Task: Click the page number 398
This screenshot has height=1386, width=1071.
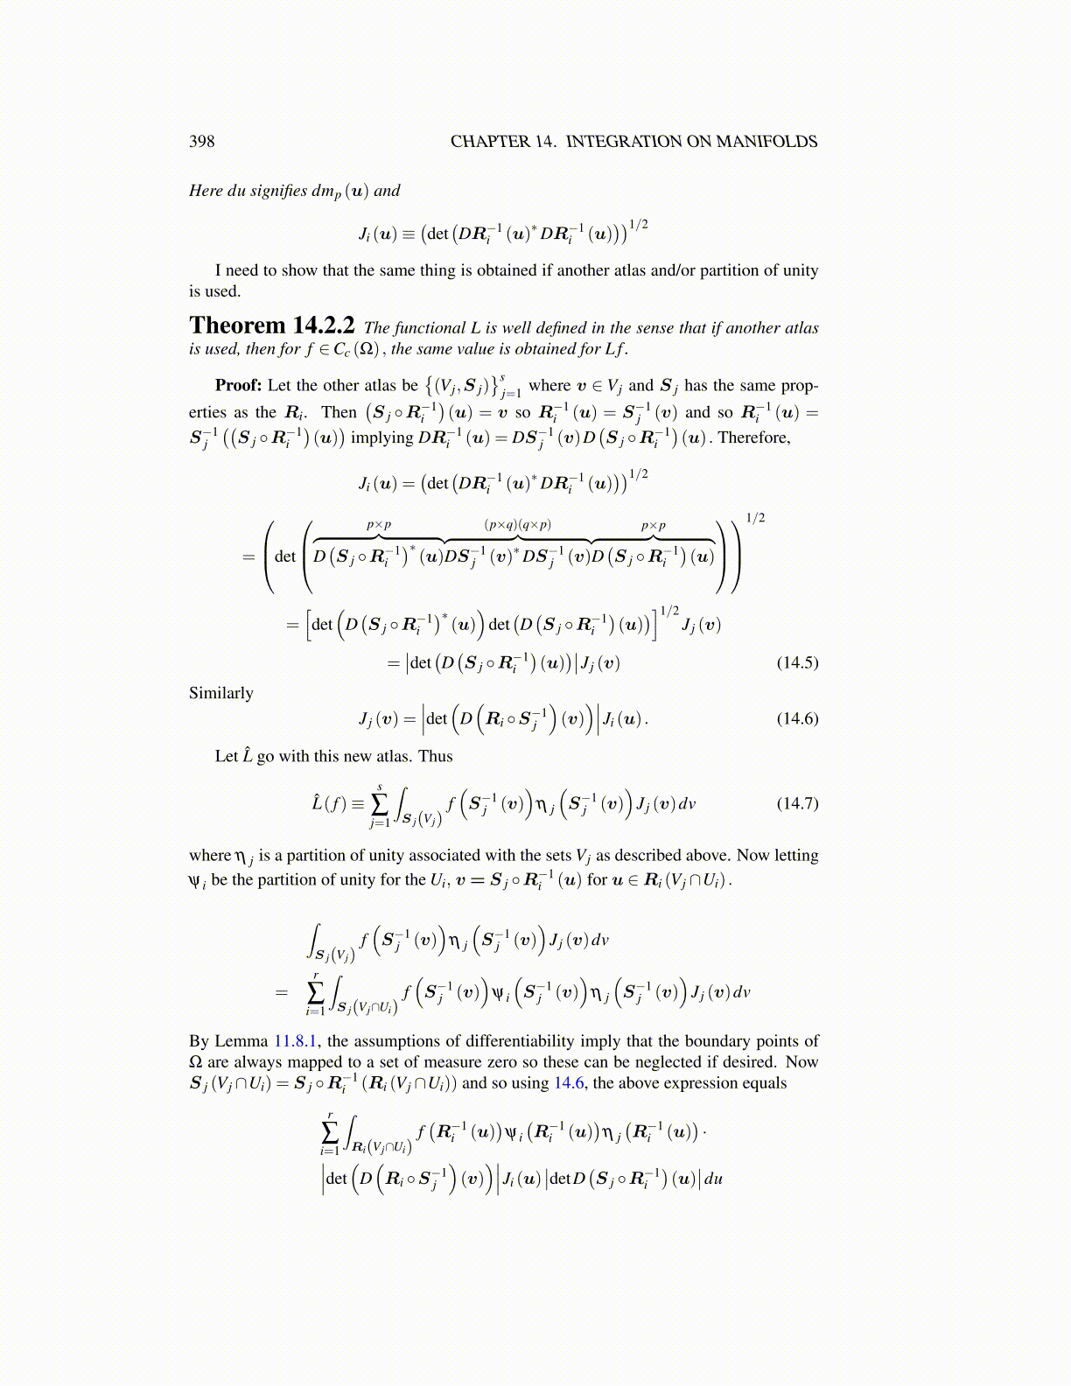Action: click(x=201, y=142)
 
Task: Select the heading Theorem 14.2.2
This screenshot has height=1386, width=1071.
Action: click(x=271, y=325)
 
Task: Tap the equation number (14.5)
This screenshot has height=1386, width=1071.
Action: click(x=797, y=662)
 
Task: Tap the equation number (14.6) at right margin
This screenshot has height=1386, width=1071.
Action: click(x=797, y=718)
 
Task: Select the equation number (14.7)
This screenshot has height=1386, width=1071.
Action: click(x=797, y=803)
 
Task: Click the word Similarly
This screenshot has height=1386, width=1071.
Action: click(x=221, y=693)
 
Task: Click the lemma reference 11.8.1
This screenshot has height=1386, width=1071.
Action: click(x=296, y=1041)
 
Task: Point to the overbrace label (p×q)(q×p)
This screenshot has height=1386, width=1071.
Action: click(x=518, y=525)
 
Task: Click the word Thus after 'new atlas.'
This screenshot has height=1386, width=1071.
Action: click(x=435, y=756)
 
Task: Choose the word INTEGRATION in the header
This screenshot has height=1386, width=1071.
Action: click(x=623, y=142)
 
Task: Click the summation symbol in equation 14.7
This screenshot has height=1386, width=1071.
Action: click(x=379, y=803)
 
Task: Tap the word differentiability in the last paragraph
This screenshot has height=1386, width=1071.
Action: click(x=540, y=1041)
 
